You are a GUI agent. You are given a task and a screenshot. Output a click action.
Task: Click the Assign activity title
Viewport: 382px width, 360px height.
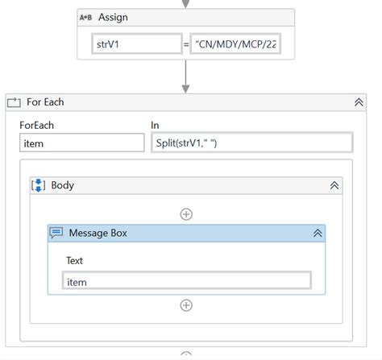[113, 17]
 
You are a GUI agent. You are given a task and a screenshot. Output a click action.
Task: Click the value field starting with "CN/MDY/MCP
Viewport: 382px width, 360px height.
[235, 44]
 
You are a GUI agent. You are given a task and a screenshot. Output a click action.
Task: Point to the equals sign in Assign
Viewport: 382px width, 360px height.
[186, 44]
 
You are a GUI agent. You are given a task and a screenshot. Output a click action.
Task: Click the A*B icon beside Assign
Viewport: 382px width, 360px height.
[87, 17]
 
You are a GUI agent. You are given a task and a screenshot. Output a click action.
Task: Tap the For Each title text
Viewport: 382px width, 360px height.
[45, 102]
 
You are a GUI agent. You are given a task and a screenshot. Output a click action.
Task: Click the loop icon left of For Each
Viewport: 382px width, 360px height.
[14, 102]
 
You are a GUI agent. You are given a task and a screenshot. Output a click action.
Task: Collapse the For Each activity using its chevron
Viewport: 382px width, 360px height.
[359, 102]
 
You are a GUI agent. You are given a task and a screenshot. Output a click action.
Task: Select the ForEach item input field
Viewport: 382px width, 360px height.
[81, 143]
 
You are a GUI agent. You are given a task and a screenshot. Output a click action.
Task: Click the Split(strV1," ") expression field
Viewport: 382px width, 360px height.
[251, 143]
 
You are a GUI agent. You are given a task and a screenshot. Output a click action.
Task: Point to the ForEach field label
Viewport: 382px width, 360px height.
[37, 125]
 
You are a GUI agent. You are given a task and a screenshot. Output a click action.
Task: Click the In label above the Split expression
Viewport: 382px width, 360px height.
[155, 125]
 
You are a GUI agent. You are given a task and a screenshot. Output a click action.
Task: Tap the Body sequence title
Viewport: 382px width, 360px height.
[62, 185]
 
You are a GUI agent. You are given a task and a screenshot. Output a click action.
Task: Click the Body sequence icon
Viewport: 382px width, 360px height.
[39, 185]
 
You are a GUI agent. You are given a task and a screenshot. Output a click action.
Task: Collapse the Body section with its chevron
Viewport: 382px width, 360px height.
[334, 185]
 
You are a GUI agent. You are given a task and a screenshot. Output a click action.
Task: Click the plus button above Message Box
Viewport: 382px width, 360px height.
[186, 214]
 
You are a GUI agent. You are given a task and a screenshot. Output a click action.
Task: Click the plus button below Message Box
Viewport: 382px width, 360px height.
[186, 305]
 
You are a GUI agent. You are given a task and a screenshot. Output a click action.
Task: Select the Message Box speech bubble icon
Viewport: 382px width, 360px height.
[56, 233]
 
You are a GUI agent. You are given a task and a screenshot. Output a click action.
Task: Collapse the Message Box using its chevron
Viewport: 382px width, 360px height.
[318, 233]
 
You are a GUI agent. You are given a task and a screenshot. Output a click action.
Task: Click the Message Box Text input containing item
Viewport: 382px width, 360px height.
[186, 281]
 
